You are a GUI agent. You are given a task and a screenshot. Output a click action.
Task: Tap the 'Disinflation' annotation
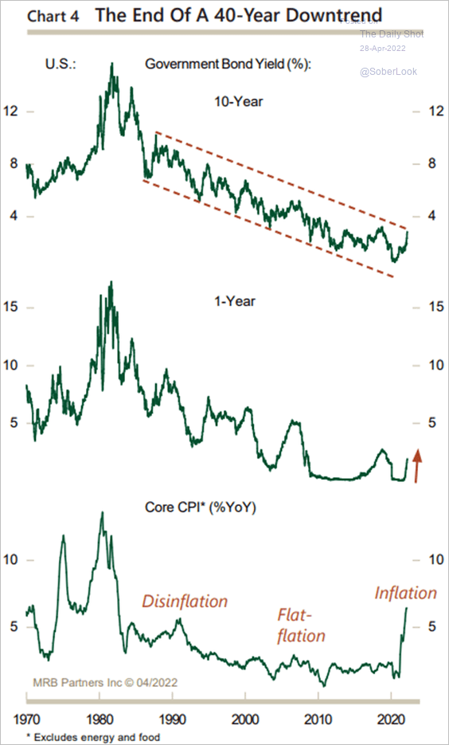[185, 602]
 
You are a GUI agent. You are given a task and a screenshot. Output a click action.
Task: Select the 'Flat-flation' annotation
[302, 625]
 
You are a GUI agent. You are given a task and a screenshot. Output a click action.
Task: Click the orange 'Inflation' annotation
[405, 593]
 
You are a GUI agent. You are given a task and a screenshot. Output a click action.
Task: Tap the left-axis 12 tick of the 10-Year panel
[11, 112]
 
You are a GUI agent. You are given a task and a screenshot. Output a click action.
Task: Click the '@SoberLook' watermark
[388, 72]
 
